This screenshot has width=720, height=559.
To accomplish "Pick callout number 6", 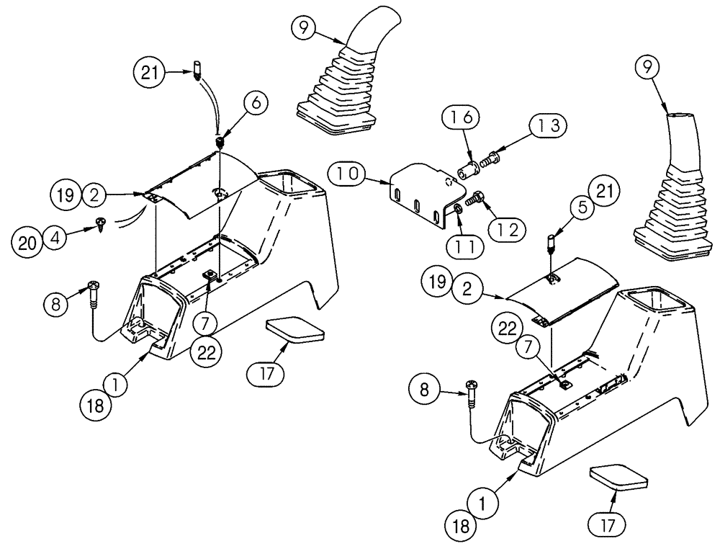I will click(257, 104).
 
